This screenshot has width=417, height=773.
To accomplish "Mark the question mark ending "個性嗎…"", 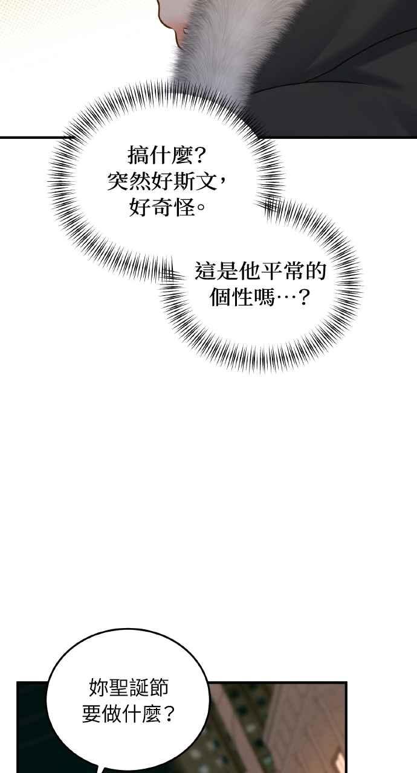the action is tap(303, 297).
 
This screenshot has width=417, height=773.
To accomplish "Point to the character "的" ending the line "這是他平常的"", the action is tap(315, 271).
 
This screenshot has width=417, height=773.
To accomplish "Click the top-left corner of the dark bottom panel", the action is tap(17, 682).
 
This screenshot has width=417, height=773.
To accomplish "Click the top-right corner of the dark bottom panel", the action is tap(346, 682).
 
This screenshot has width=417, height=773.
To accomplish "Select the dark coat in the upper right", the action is tap(345, 69).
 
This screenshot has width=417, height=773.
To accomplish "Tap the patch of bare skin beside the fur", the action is tap(173, 21).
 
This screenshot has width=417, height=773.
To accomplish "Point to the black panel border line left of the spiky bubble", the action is tap(28, 138).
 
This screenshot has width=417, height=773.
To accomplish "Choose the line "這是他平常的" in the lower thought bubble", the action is tap(260, 271).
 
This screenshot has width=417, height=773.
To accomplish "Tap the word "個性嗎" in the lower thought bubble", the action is tap(242, 297).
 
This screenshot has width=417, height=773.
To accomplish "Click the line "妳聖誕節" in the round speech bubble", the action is tap(128, 687).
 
